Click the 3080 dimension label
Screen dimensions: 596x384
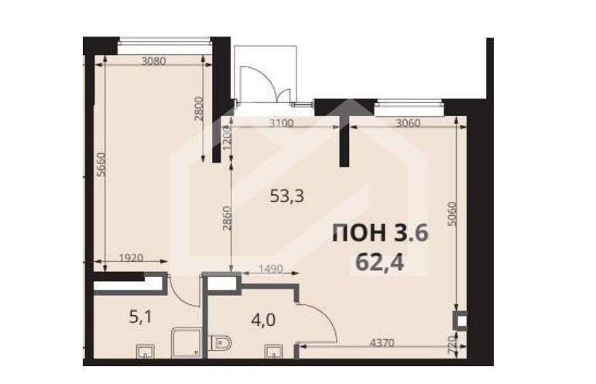coord(153,61)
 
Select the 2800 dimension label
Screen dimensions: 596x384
coord(199,108)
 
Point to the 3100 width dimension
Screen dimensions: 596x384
coord(281,123)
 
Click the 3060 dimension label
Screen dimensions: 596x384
coord(408,123)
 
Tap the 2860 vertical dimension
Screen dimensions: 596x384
coord(227,218)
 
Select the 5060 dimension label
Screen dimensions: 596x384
coord(451,214)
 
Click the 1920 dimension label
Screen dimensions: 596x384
coord(131,258)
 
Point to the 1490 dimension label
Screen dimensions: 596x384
coord(271,269)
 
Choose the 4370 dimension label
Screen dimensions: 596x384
coord(382,342)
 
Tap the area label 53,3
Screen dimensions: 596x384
coord(286,196)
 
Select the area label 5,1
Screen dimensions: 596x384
coord(140,317)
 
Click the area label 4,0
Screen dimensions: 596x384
coord(263,320)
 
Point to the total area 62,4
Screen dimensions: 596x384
coord(380,262)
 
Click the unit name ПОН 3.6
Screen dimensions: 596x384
coord(381,232)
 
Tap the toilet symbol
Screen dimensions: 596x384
coord(221,343)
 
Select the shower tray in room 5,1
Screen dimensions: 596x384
coord(186,343)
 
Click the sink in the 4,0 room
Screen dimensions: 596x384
coord(274,351)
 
